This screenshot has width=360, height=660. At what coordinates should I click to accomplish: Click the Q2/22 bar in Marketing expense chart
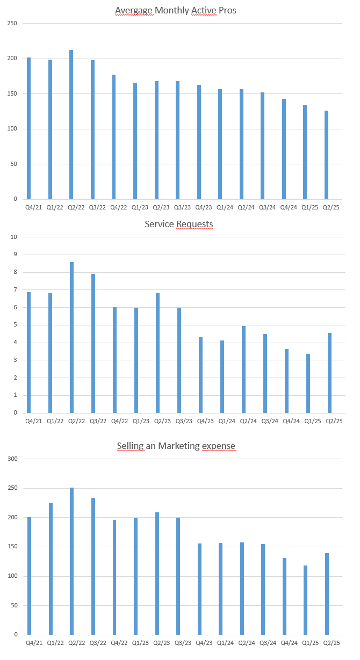click(x=71, y=561)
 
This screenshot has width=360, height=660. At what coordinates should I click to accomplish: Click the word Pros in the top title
click(x=227, y=11)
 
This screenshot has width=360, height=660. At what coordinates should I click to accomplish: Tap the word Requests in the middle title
click(x=195, y=224)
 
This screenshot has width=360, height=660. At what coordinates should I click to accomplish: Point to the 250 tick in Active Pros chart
click(x=12, y=24)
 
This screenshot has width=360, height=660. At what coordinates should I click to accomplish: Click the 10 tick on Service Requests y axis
click(x=14, y=237)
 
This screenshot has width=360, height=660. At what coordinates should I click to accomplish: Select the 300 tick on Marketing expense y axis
click(x=12, y=459)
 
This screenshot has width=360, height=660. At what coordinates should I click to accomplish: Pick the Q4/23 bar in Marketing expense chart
click(x=199, y=589)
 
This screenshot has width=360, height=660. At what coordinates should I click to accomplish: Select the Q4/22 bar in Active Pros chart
click(x=114, y=137)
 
